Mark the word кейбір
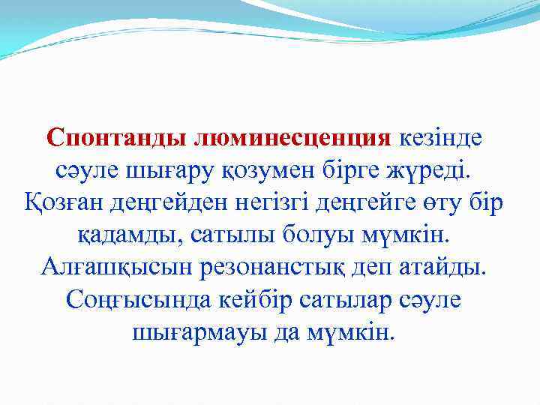[x=266, y=300]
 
